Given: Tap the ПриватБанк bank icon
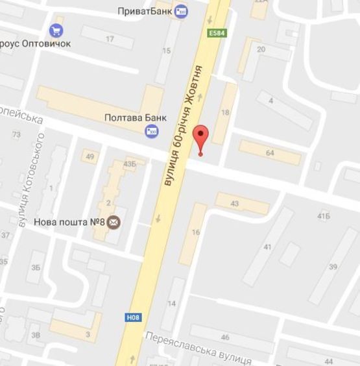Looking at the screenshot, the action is [181, 12].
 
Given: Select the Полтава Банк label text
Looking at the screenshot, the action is [136, 118].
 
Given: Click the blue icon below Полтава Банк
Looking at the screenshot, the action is [152, 132].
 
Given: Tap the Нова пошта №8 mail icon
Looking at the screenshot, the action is [114, 223].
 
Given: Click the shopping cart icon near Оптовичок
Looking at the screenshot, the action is [56, 30].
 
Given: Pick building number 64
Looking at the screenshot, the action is [270, 153].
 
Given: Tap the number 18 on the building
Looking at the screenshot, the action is [225, 112].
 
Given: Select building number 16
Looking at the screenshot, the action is [196, 233].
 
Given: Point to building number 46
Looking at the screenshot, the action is [225, 337].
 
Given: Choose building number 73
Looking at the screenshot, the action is [16, 134].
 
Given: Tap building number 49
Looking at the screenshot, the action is [90, 157].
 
